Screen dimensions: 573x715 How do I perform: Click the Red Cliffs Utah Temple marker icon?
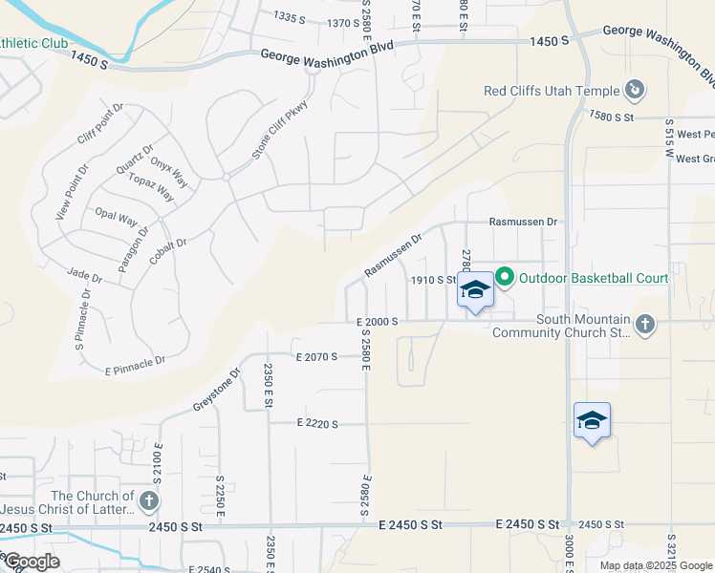(634, 91)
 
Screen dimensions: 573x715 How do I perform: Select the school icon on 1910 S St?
(474, 289)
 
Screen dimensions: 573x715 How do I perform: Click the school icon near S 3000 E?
(592, 420)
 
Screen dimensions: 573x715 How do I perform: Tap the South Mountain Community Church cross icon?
(645, 325)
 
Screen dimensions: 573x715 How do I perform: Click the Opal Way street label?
(116, 216)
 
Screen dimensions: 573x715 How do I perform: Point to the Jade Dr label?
(85, 275)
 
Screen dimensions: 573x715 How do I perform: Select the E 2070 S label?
(317, 356)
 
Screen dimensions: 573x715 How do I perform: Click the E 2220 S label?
(317, 423)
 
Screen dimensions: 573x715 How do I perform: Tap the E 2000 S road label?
(376, 322)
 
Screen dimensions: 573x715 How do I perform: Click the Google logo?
(32, 562)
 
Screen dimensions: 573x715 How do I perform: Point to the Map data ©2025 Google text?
(654, 565)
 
